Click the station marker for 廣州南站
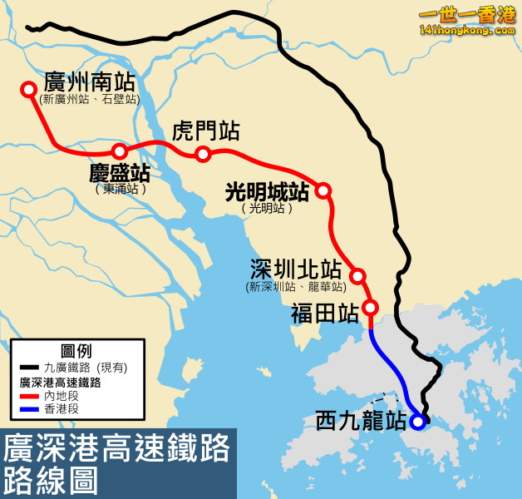[29, 88]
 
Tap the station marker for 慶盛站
[120, 151]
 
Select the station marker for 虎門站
[203, 154]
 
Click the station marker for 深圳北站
[357, 275]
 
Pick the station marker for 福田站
[371, 308]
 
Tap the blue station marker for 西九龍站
[417, 422]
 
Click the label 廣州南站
[89, 82]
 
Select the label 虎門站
[205, 131]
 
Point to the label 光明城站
[267, 192]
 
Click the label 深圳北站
[296, 269]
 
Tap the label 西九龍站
[361, 421]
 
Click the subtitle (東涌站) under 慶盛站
[121, 190]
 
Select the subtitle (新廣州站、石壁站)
[89, 100]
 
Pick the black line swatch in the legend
[27, 367]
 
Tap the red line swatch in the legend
[27, 398]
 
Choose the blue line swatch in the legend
[27, 410]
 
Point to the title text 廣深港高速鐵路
[117, 450]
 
